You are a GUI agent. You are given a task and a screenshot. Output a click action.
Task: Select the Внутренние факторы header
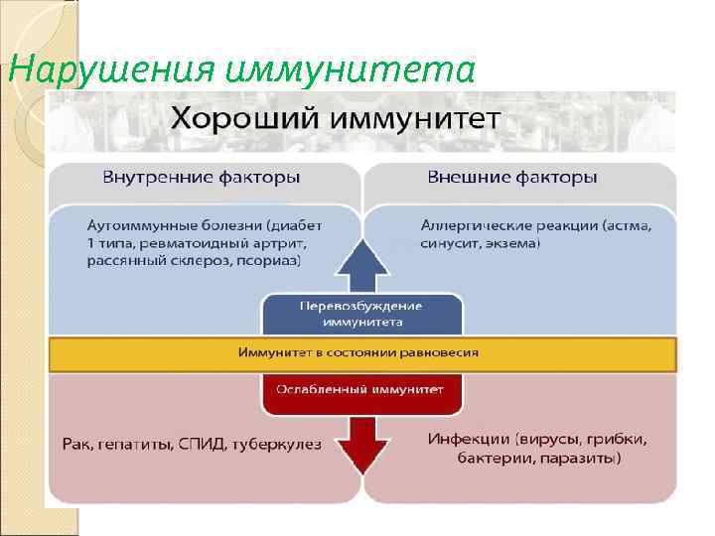202,179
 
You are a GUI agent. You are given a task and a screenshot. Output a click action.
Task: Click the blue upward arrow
361,265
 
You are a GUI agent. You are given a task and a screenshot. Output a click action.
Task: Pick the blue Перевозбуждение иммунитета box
361,313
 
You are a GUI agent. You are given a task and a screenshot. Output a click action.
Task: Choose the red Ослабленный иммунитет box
361,389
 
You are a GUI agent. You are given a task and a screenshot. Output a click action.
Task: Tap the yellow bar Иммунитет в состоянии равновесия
361,352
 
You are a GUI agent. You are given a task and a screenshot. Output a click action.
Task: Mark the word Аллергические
475,225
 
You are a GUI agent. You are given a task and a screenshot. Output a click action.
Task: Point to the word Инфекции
469,439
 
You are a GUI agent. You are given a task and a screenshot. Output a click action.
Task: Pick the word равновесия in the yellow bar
442,352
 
